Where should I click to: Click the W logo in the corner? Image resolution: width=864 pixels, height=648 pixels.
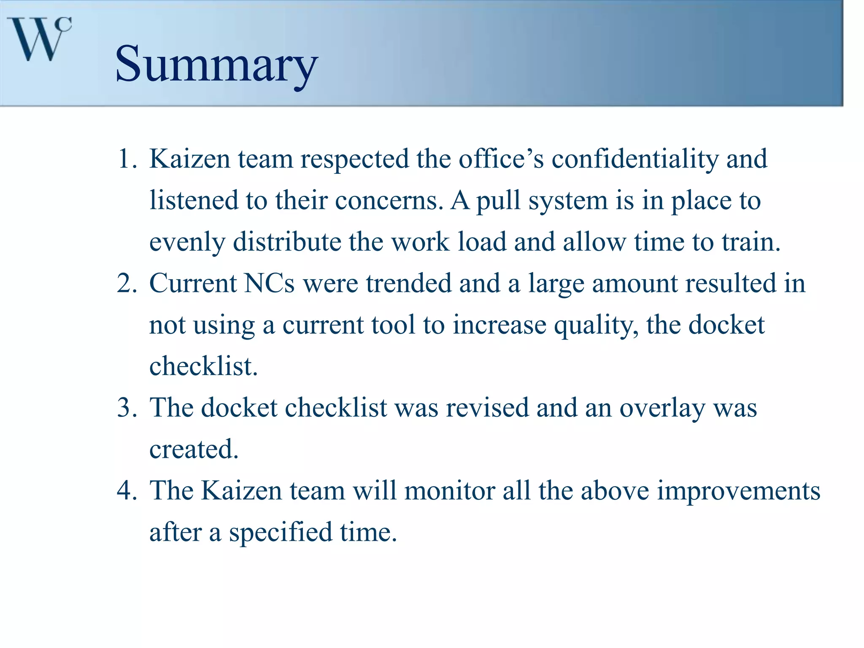(x=39, y=39)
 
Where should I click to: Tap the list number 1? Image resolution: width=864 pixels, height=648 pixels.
(x=127, y=159)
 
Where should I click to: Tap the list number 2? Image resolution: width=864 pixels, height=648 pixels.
(x=127, y=283)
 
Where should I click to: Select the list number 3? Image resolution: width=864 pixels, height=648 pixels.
(x=127, y=408)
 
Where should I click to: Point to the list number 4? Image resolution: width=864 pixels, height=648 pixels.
(x=127, y=491)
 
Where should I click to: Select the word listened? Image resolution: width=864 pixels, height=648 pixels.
(x=194, y=200)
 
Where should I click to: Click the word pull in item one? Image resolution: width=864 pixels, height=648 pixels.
(x=498, y=201)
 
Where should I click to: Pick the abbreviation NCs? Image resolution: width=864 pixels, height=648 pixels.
(x=269, y=283)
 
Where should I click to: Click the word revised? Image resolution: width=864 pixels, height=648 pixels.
(x=487, y=408)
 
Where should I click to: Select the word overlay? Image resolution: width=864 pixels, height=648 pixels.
(x=662, y=409)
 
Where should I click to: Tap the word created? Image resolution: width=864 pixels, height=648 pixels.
(x=194, y=449)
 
